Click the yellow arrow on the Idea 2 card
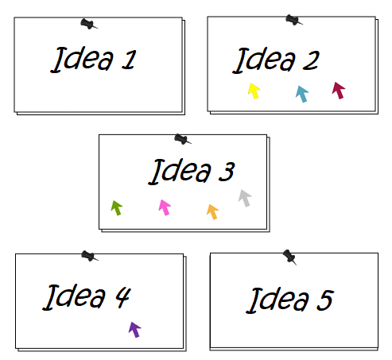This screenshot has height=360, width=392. (x=254, y=91)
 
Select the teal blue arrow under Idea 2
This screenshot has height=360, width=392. (x=302, y=94)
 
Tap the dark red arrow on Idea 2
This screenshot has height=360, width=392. (x=339, y=91)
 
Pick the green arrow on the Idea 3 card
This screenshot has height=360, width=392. (x=117, y=208)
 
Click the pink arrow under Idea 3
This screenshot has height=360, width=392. (x=165, y=207)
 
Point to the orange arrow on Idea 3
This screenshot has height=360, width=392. (x=212, y=211)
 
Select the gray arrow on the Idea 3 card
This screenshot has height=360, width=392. (x=245, y=198)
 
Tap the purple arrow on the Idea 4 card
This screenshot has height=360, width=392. (x=135, y=330)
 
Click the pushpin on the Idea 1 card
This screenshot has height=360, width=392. (x=89, y=24)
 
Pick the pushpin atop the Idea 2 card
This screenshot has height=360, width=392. (x=294, y=20)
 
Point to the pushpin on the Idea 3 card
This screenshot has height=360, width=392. (x=183, y=139)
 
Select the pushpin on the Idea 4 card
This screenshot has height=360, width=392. (x=90, y=256)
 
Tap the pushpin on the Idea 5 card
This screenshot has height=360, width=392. (x=289, y=257)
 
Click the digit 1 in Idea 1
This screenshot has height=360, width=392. (x=129, y=60)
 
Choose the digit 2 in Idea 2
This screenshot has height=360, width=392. (x=311, y=60)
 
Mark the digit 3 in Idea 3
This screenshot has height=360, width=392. (x=227, y=172)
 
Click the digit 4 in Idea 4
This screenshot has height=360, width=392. (x=123, y=297)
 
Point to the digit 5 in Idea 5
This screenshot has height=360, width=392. (x=325, y=300)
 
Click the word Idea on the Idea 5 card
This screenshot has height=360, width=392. (x=278, y=300)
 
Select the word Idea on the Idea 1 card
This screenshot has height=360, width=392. (x=82, y=59)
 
